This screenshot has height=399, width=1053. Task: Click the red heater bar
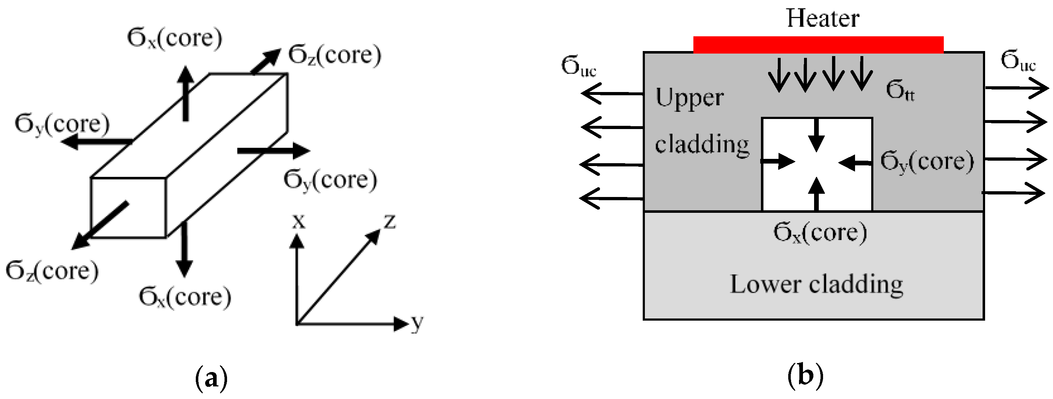(x=818, y=45)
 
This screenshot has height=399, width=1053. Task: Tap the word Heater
(x=822, y=19)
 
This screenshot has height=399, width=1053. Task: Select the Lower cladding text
(x=816, y=285)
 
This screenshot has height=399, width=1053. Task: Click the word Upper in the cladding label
(x=689, y=98)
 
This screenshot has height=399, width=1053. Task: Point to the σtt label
(x=900, y=90)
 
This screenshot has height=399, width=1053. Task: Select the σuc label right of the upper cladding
(x=1018, y=62)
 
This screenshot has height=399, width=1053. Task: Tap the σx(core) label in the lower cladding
(x=819, y=233)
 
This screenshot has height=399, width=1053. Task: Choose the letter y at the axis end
(x=417, y=324)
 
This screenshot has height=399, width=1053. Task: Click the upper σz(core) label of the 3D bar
(x=334, y=55)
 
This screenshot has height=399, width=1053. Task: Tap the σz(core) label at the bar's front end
(x=52, y=271)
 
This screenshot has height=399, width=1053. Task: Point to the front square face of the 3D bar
(x=128, y=207)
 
